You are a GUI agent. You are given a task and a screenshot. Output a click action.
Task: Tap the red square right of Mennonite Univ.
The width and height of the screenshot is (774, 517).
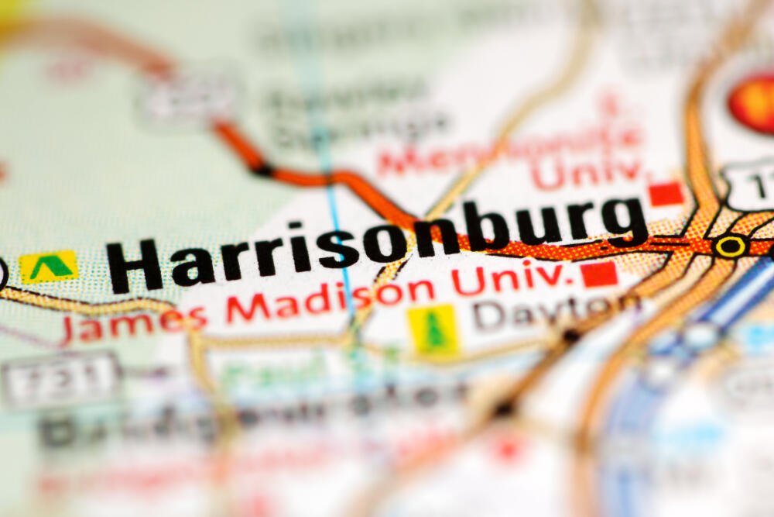coord(666,193)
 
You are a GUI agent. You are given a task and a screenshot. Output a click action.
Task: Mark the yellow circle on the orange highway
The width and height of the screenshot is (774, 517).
coord(730,246)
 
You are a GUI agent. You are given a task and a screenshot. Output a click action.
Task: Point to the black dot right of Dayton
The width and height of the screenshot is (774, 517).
coord(571,336)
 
